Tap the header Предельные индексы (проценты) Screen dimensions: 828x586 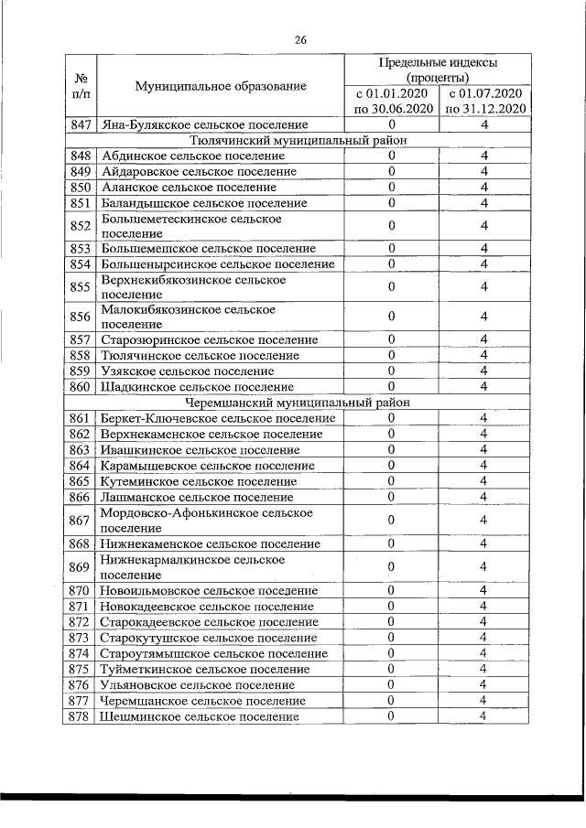[x=438, y=70]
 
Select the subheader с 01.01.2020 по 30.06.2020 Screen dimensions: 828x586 [x=392, y=101]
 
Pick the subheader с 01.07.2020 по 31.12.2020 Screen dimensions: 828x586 [x=484, y=101]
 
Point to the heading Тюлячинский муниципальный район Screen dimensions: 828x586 [x=298, y=140]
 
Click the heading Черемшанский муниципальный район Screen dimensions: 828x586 [x=298, y=402]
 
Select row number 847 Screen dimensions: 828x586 [x=80, y=124]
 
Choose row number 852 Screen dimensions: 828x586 [x=80, y=225]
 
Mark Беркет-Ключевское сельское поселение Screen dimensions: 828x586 [x=218, y=418]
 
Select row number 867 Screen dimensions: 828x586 [x=80, y=520]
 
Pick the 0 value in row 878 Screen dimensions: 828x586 [x=391, y=717]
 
